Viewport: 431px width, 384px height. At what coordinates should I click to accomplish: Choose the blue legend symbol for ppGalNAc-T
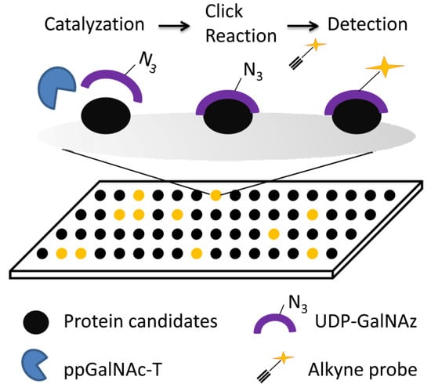click(37, 360)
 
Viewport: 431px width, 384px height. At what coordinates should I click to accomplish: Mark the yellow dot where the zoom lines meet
click(215, 194)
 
